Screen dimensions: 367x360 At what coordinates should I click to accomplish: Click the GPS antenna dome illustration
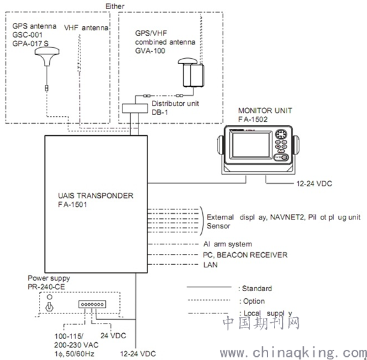[x=47, y=56]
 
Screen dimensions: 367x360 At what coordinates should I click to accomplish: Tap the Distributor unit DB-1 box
[x=135, y=108]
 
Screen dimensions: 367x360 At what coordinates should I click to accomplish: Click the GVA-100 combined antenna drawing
[x=191, y=73]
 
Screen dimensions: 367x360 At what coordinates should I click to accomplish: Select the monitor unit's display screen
[x=251, y=145]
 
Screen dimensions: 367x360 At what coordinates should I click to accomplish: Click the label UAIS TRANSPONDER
[x=96, y=195]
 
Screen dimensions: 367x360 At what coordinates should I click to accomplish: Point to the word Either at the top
[x=115, y=6]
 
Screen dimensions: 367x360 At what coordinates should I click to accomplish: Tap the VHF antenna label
[x=86, y=28]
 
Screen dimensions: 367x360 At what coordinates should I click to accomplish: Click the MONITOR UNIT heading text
[x=265, y=110]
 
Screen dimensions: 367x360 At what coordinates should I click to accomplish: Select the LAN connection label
[x=211, y=265]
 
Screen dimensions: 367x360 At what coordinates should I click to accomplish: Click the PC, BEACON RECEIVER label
[x=245, y=255]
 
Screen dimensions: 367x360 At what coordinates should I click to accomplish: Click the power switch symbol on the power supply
[x=49, y=306]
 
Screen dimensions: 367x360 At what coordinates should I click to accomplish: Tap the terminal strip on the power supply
[x=92, y=304]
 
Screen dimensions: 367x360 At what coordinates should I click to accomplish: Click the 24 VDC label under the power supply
[x=113, y=336]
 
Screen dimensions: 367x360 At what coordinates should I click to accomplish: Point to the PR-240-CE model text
[x=46, y=287]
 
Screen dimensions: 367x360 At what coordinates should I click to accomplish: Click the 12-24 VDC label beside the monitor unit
[x=314, y=184]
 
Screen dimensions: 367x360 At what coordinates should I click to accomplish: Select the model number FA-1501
[x=73, y=205]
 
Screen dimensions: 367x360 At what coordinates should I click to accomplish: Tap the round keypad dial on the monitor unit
[x=281, y=134]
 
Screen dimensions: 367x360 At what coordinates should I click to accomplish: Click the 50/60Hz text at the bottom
[x=80, y=354]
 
